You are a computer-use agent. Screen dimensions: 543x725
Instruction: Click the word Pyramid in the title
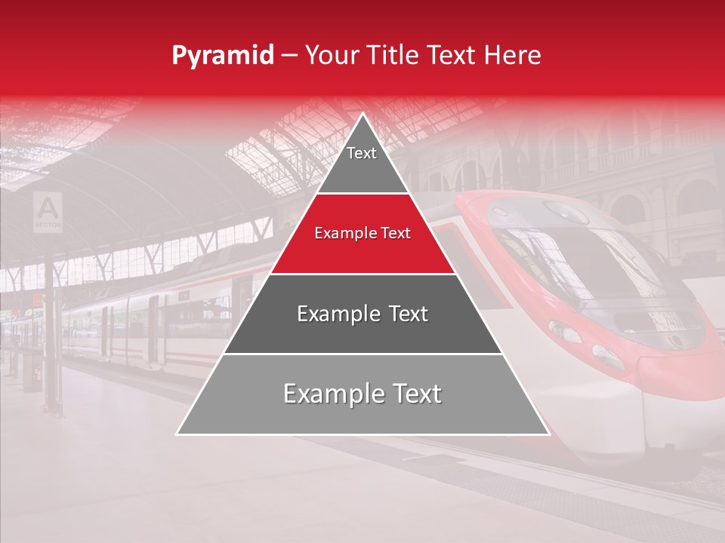pos(222,56)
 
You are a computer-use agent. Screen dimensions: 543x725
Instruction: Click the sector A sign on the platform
pos(48,211)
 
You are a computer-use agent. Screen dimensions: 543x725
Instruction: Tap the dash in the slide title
pos(289,56)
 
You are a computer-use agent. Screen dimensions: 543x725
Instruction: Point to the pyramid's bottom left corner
pos(178,434)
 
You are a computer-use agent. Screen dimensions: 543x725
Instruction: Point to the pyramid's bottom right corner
pos(548,434)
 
